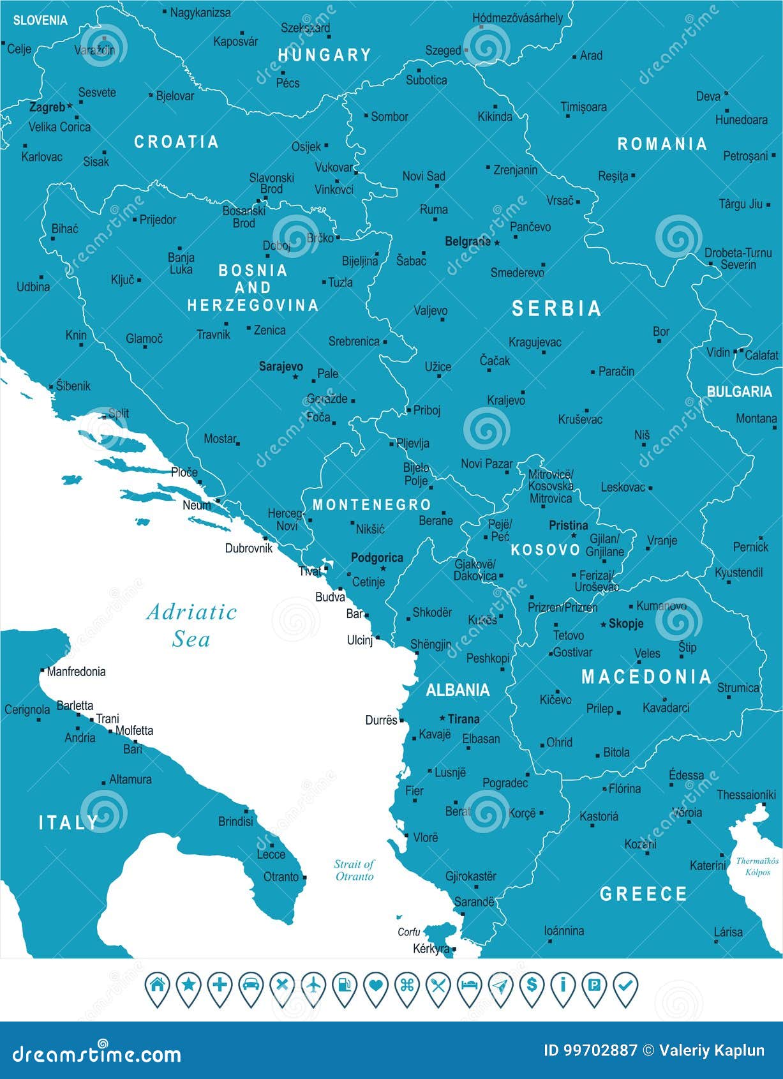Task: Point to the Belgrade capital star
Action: [496, 243]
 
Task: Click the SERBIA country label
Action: [556, 309]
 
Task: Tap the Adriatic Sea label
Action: [191, 625]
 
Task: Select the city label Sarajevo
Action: [281, 366]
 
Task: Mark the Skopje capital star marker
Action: [603, 624]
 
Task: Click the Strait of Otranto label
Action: [354, 870]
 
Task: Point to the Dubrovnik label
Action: [248, 548]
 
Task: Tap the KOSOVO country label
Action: [546, 550]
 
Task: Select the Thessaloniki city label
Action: [745, 795]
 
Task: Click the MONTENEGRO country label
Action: [371, 505]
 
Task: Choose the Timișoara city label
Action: [583, 107]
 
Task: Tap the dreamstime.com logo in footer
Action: [96, 1053]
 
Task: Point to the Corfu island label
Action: [408, 932]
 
